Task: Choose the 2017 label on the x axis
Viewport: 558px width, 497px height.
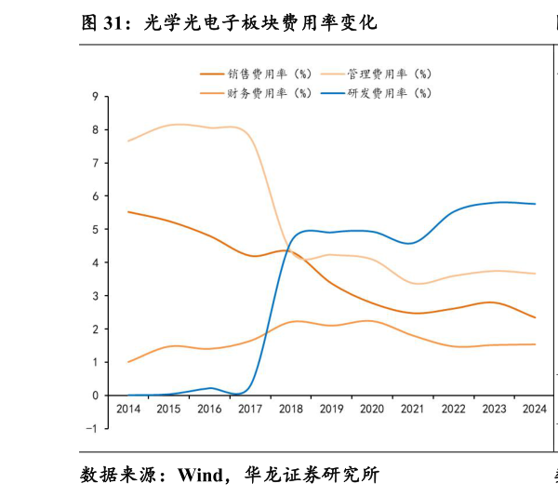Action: [x=249, y=410]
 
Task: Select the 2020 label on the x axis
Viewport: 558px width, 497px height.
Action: [x=371, y=410]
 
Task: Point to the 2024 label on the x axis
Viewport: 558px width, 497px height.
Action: [x=535, y=410]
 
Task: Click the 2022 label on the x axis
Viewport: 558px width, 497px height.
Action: [x=453, y=410]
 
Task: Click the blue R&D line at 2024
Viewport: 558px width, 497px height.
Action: [x=535, y=204]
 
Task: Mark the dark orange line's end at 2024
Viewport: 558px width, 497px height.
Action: [x=535, y=317]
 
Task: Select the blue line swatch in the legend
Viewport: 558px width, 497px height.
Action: [x=332, y=93]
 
